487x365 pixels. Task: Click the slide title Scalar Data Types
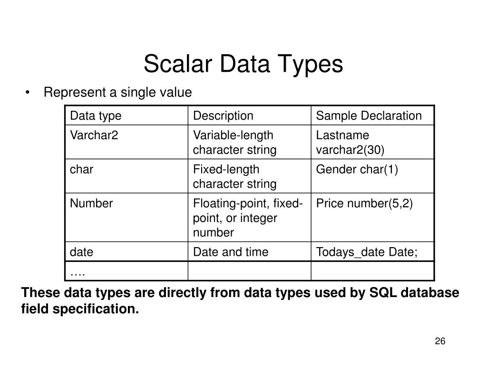[243, 64]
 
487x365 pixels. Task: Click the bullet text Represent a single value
[117, 92]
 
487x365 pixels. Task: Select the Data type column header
[96, 115]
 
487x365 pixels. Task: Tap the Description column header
[223, 115]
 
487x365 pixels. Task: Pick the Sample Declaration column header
[369, 115]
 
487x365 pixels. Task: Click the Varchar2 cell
[94, 135]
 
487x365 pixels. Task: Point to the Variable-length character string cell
[234, 143]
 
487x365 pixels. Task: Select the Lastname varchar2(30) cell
[350, 143]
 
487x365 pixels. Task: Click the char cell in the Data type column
[82, 170]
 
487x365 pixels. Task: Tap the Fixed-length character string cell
[234, 176]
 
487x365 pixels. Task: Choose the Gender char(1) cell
[357, 170]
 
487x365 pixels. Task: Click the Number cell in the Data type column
[91, 203]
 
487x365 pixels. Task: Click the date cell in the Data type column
[82, 252]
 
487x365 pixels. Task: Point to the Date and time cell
[230, 252]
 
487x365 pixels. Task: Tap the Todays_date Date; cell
[367, 252]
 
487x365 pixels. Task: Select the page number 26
[439, 342]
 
